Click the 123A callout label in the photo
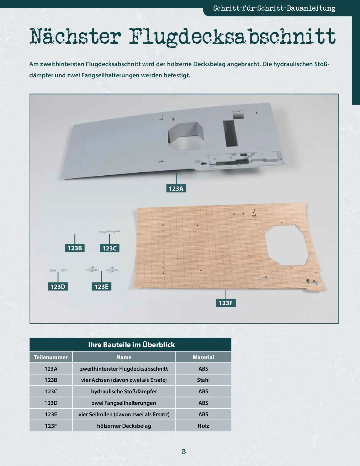pos(176,188)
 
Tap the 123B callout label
pos(75,248)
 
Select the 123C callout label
pos(109,248)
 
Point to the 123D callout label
pos(58,287)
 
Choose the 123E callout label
pos(101,287)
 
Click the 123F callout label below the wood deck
pos(226,303)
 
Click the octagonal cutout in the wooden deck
pos(287,245)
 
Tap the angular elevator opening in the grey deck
pos(186,135)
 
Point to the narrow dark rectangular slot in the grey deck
pos(230,133)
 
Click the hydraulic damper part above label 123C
pos(110,232)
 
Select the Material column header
pos(203,357)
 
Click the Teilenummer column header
pos(51,357)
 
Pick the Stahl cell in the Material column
pos(203,380)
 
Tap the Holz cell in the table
pos(203,426)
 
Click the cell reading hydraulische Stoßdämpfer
pos(124,391)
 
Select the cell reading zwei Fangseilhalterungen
pos(124,403)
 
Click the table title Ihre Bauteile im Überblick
pos(131,345)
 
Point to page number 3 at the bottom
pos(184,452)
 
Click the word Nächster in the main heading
pos(75,36)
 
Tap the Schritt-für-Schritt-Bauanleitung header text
pos(274,8)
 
